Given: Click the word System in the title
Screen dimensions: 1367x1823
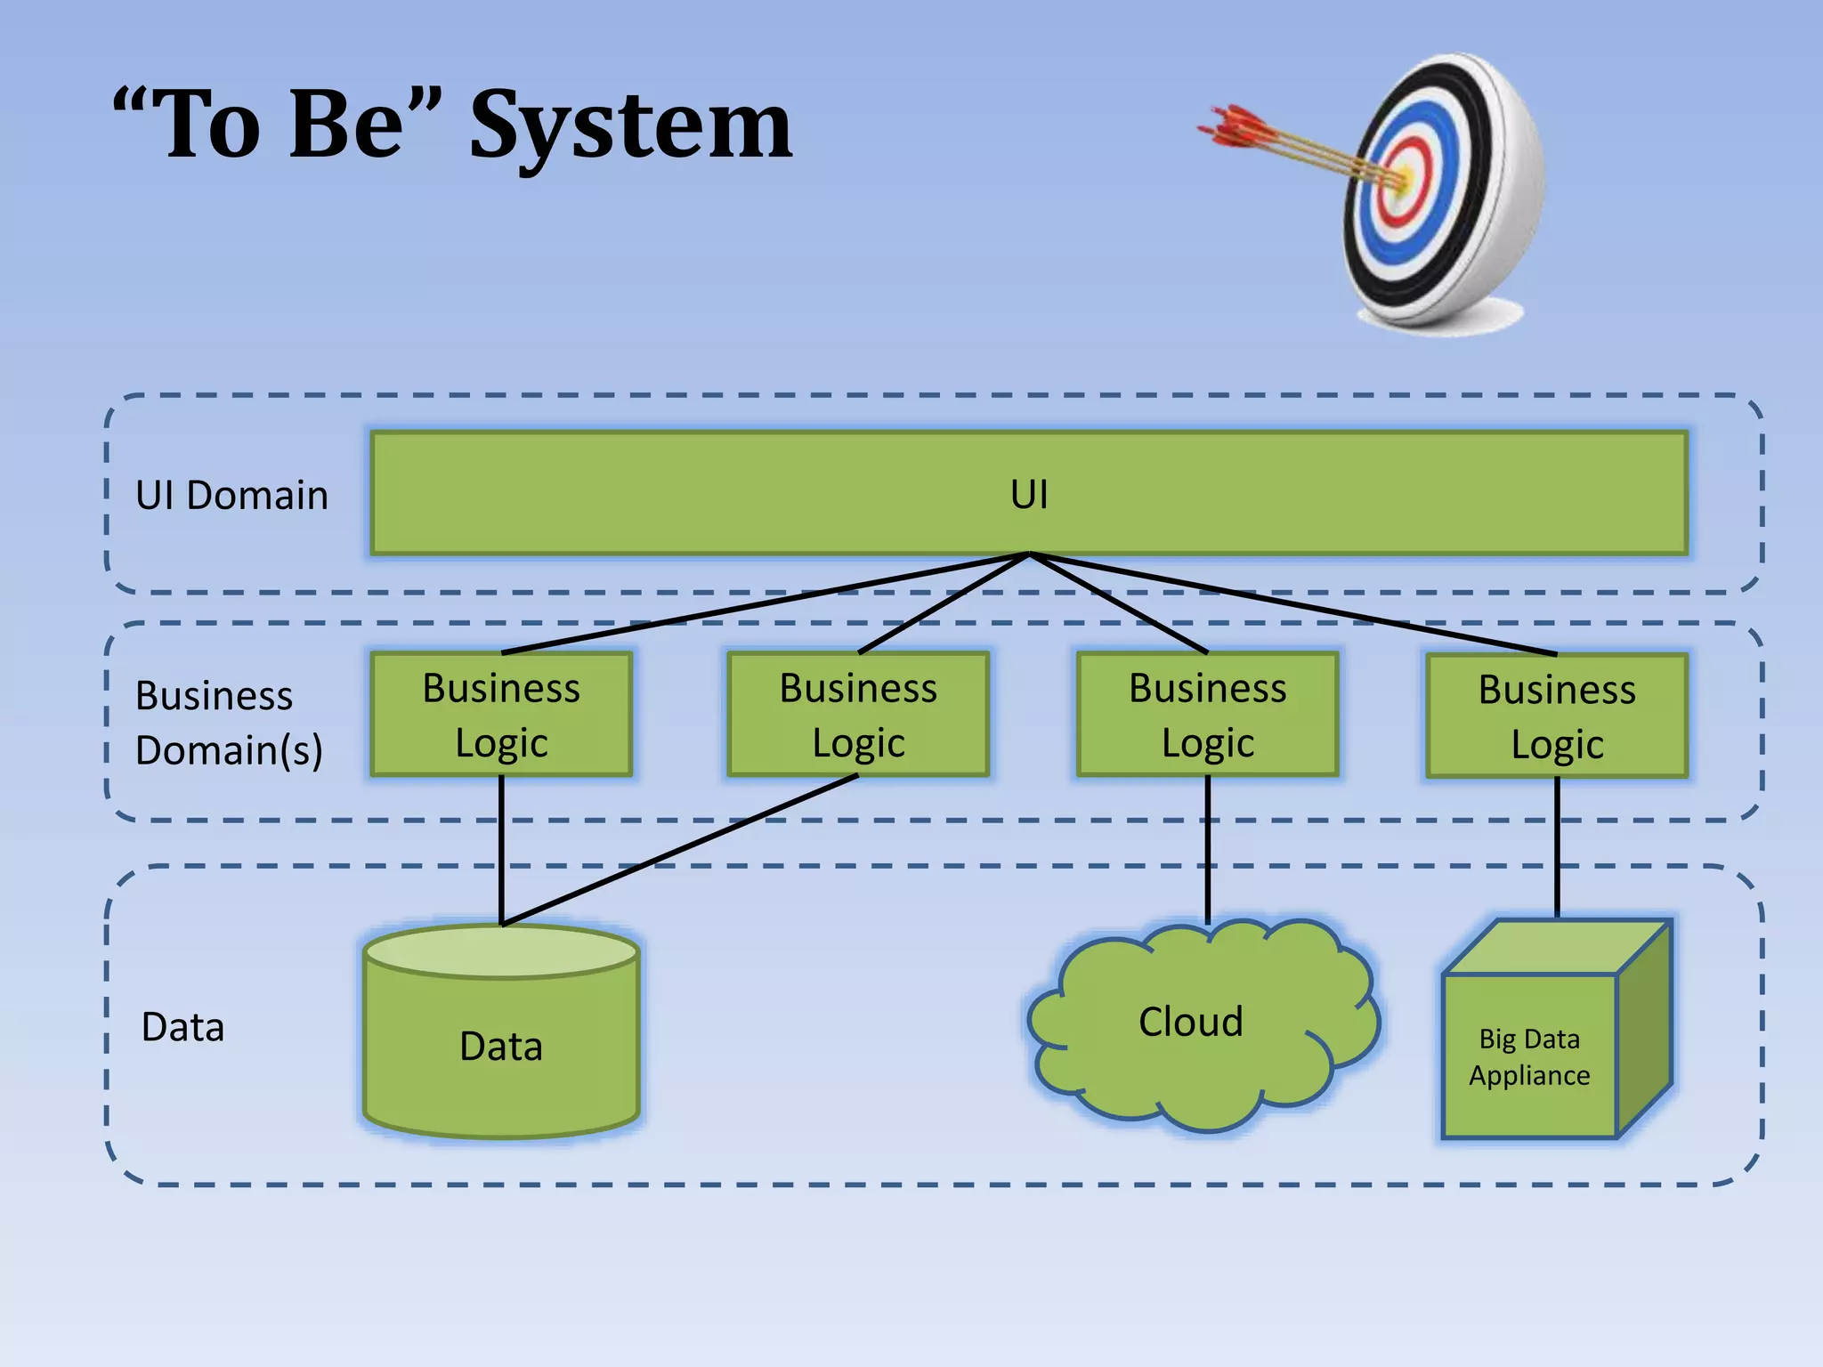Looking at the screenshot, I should (x=630, y=126).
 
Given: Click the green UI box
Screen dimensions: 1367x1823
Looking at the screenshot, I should (x=1028, y=494).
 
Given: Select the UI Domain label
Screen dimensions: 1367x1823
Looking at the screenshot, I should (x=231, y=496).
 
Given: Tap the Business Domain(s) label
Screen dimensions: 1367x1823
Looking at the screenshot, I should (x=228, y=723).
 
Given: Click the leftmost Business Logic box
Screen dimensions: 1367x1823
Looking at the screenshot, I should (x=501, y=715).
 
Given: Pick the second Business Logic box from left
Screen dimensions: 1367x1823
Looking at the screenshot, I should (x=858, y=715).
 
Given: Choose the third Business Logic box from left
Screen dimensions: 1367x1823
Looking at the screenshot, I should (x=1207, y=715).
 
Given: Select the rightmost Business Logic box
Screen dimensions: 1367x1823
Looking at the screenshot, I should (x=1556, y=716).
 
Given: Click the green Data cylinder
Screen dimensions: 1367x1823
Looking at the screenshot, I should (x=501, y=1046).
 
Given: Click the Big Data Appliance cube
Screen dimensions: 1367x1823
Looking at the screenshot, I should (x=1529, y=1057).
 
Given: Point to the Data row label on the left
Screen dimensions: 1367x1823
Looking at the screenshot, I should (x=182, y=1027).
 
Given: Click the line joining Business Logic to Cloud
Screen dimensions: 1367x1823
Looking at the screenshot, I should (x=1207, y=850).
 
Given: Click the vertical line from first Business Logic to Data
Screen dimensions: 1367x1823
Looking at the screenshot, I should (x=501, y=850).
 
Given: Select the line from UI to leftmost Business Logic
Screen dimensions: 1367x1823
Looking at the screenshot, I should (x=766, y=603).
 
